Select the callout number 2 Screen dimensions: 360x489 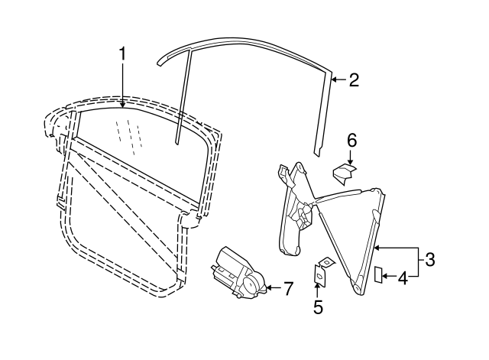click(x=354, y=79)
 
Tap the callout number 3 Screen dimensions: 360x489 click(x=430, y=260)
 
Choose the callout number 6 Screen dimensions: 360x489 click(x=351, y=140)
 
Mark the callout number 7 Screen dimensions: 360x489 click(x=287, y=289)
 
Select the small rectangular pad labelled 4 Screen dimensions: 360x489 click(x=377, y=275)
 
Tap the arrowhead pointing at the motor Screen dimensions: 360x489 click(x=267, y=289)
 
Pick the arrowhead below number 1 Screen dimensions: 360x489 click(x=122, y=104)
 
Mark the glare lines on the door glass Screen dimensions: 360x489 click(x=133, y=134)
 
